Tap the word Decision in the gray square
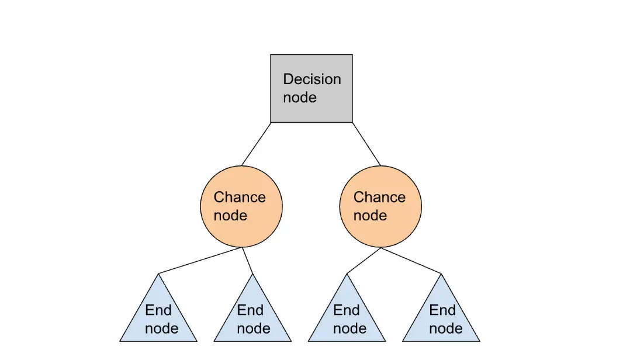[311, 79]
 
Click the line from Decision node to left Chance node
[256, 144]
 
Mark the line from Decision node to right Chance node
[366, 144]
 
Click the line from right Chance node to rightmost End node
[411, 261]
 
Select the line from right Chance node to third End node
[364, 261]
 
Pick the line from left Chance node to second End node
[247, 261]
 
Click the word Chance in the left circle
[240, 198]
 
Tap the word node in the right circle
[370, 216]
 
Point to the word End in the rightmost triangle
[442, 310]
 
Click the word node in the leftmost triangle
[161, 328]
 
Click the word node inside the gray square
[300, 98]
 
